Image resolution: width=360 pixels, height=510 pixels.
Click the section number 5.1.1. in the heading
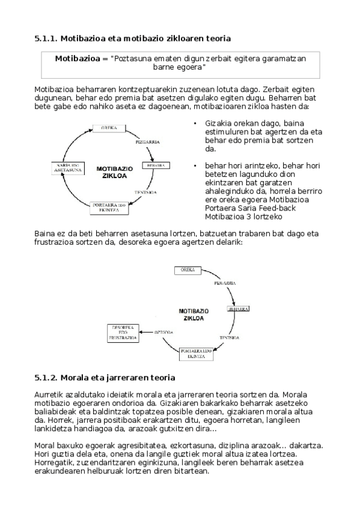point(46,39)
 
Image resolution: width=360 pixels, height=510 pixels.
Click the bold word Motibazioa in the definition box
point(77,59)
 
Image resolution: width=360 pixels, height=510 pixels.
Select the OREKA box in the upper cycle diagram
point(109,128)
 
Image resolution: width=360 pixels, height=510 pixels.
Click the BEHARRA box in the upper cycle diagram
point(156,165)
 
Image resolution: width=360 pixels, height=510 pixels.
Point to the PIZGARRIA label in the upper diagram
point(147,143)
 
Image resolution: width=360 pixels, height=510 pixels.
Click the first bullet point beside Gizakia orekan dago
point(195,124)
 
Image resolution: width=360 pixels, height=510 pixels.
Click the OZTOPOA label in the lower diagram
point(163,332)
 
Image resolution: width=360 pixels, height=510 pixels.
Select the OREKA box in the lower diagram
point(188,270)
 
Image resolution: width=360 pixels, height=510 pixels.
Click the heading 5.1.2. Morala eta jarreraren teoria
point(105,378)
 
